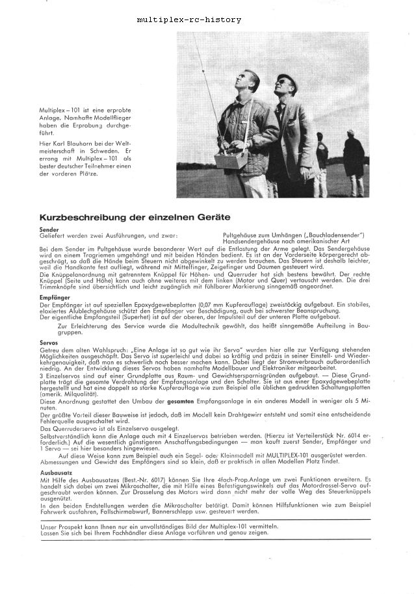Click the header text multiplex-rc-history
point(189,19)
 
